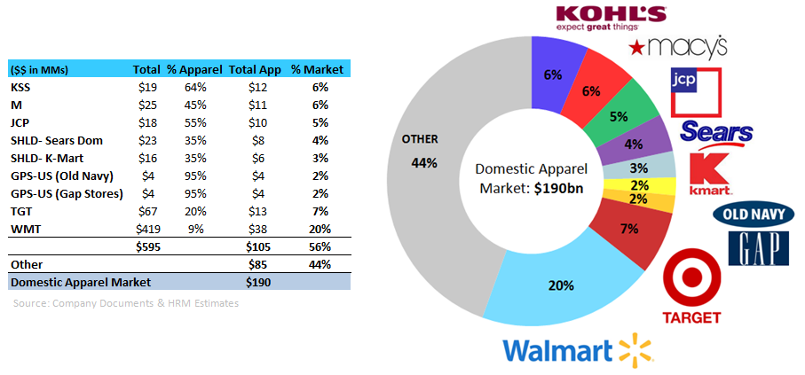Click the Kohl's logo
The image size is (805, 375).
610,18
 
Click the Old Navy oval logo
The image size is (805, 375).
754,215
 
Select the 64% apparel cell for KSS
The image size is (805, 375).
194,88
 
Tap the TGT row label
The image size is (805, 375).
21,210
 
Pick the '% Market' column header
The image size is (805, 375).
310,68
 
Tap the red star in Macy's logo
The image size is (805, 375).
636,46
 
